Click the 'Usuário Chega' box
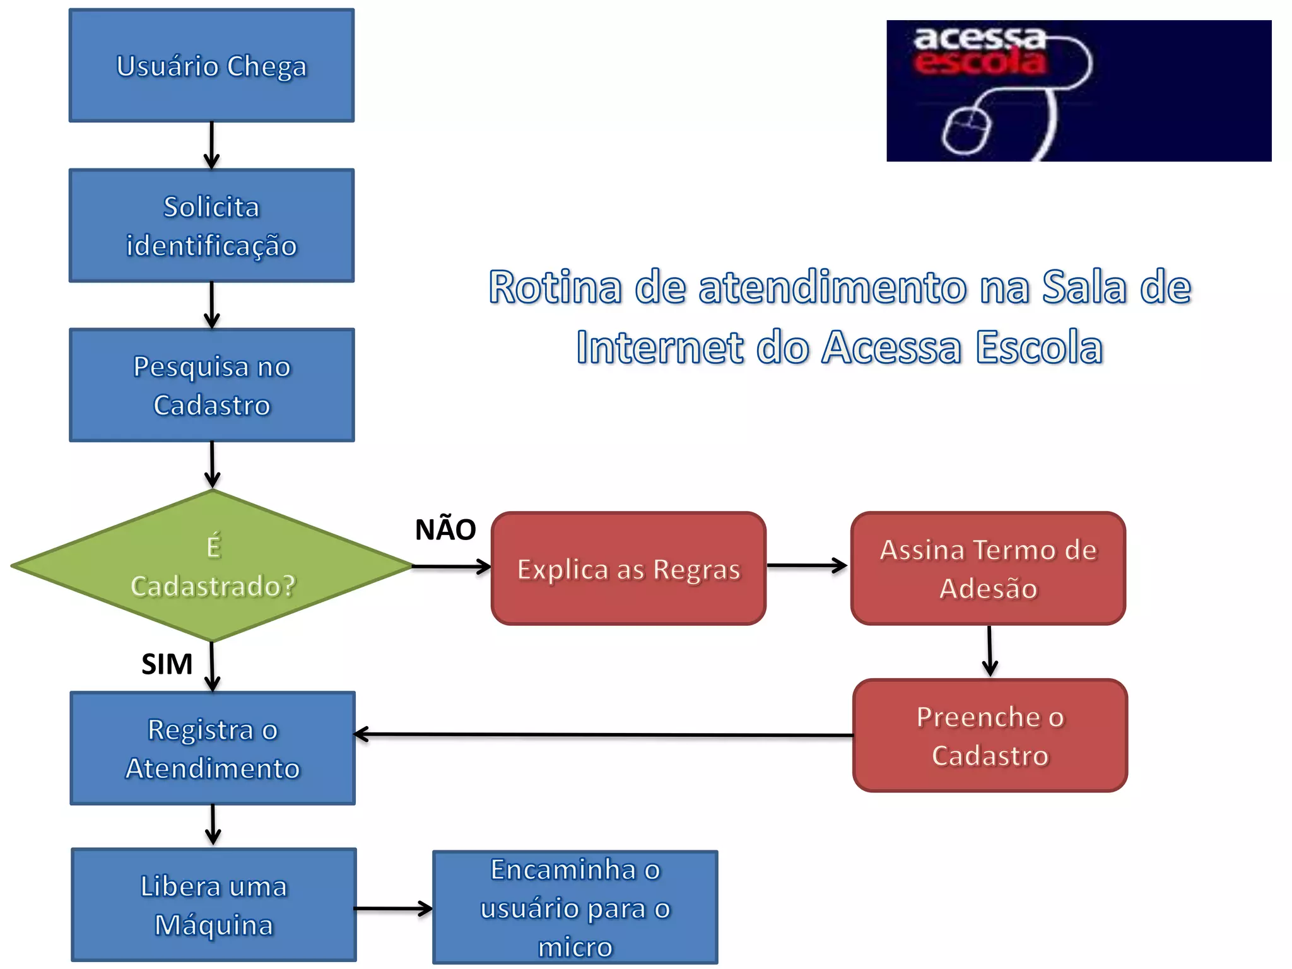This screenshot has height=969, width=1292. click(x=211, y=66)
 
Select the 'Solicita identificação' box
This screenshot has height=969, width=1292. click(x=211, y=225)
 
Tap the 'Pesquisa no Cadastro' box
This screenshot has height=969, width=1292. click(x=212, y=385)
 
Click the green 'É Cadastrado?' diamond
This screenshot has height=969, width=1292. click(x=213, y=566)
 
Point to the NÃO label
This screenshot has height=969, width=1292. click(x=445, y=529)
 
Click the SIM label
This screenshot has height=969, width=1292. click(x=167, y=664)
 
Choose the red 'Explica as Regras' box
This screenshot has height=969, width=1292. click(x=628, y=568)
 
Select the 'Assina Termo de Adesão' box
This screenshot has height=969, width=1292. click(x=988, y=568)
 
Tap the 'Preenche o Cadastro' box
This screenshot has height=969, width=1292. click(x=990, y=736)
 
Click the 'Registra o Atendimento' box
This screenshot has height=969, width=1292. click(x=213, y=748)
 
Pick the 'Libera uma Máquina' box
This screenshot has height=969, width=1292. click(x=214, y=905)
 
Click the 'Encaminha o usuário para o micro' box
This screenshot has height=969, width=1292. click(x=575, y=907)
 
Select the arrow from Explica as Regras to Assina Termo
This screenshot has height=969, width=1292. click(x=807, y=565)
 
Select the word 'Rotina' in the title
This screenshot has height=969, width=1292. click(x=555, y=287)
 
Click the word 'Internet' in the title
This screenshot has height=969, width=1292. click(x=660, y=347)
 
